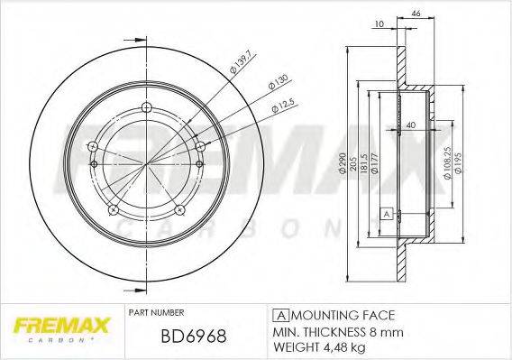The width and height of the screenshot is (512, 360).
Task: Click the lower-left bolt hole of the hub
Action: point(113,209)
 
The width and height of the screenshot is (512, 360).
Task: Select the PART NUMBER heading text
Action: point(157,312)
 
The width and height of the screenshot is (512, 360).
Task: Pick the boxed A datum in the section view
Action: point(386,213)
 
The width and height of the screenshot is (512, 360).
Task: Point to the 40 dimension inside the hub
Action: point(410,125)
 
